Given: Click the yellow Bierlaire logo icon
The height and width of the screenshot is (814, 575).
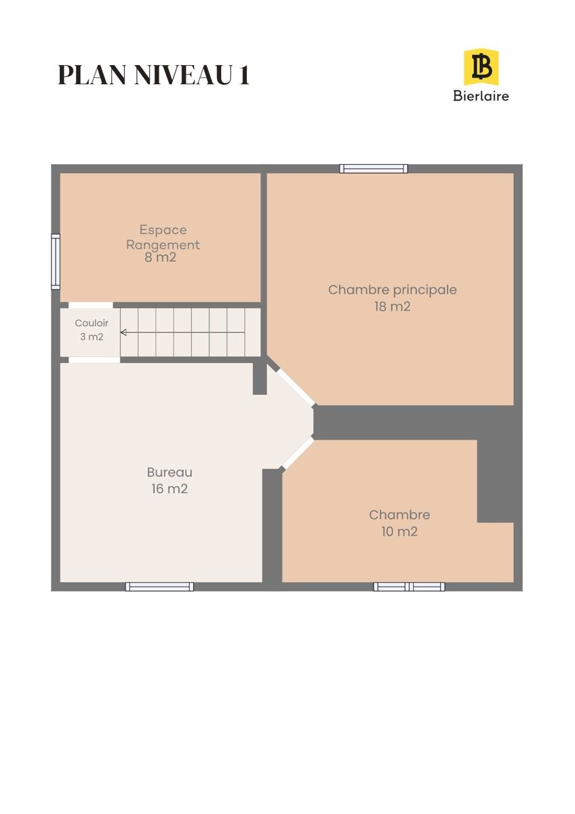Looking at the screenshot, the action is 481,68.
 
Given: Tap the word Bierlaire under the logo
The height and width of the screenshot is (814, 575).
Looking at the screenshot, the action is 481,96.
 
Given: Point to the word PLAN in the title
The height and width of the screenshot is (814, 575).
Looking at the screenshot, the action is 93,75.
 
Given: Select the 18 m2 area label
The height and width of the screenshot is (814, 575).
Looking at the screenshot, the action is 393,307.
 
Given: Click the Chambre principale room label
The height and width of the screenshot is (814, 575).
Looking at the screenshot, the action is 393,290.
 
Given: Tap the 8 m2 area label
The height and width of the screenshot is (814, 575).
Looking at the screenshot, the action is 160,257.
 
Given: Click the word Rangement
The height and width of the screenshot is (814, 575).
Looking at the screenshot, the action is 163,245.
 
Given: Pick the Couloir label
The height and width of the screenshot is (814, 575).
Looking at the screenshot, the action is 92,323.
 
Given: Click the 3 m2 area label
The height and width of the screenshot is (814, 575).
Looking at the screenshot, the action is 92,337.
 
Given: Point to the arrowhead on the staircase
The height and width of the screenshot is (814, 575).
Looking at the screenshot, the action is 123,332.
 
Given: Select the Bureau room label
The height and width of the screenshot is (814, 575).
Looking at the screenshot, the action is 170,472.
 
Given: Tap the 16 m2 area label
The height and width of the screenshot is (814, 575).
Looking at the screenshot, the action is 170,489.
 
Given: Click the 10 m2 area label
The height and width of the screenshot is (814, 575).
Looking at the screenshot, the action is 399,532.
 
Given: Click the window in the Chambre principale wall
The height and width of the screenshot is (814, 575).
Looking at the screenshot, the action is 374,169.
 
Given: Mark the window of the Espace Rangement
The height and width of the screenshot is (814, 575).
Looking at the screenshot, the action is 56,262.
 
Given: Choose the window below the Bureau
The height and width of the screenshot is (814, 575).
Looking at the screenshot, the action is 159,587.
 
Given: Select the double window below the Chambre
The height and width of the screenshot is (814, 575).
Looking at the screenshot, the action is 409,587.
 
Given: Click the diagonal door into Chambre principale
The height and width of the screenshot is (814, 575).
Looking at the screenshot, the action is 296,387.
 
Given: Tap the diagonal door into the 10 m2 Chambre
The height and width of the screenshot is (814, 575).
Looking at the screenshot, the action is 298,453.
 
